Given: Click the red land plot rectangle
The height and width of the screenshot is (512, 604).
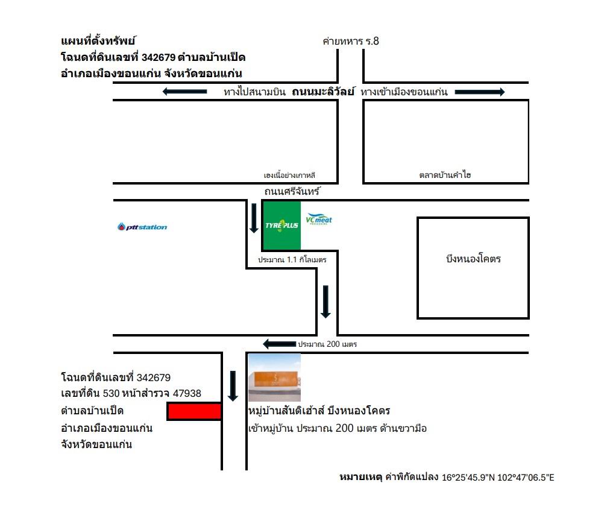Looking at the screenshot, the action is [194, 411].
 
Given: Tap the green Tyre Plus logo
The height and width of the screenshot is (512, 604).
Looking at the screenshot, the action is [281, 225].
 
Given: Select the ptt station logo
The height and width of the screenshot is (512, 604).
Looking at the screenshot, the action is [142, 227].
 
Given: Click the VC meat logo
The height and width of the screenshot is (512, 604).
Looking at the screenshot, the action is [318, 219].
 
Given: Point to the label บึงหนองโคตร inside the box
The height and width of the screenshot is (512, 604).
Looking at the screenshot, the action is [473, 259].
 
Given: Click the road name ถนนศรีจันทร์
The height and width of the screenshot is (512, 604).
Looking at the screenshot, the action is [292, 191].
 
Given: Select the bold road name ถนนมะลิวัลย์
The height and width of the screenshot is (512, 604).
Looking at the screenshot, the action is [323, 92].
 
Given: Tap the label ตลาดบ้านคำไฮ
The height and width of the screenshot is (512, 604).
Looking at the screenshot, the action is [445, 175].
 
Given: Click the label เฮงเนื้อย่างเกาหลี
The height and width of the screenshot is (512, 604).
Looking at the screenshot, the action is [289, 175].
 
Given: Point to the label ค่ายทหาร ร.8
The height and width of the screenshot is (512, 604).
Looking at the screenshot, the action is [351, 41].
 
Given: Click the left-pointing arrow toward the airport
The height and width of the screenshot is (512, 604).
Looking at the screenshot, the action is [185, 91].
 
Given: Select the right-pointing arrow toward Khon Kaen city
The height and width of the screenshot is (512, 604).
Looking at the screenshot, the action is [480, 92].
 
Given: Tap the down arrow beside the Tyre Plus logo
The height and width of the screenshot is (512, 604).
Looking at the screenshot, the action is [254, 218].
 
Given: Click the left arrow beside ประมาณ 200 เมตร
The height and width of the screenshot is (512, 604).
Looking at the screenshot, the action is [280, 344].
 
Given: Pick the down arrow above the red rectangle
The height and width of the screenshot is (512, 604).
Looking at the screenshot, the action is [233, 385].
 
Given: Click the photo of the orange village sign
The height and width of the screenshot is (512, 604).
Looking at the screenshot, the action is [274, 378].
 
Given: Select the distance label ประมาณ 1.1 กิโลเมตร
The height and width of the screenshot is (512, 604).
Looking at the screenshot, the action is [292, 260].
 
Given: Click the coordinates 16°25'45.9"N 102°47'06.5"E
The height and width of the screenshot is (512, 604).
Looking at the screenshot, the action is [498, 478].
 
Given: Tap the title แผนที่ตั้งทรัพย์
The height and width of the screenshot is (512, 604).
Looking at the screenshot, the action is [98, 41].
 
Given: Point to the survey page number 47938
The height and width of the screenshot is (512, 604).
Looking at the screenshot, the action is [187, 393].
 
